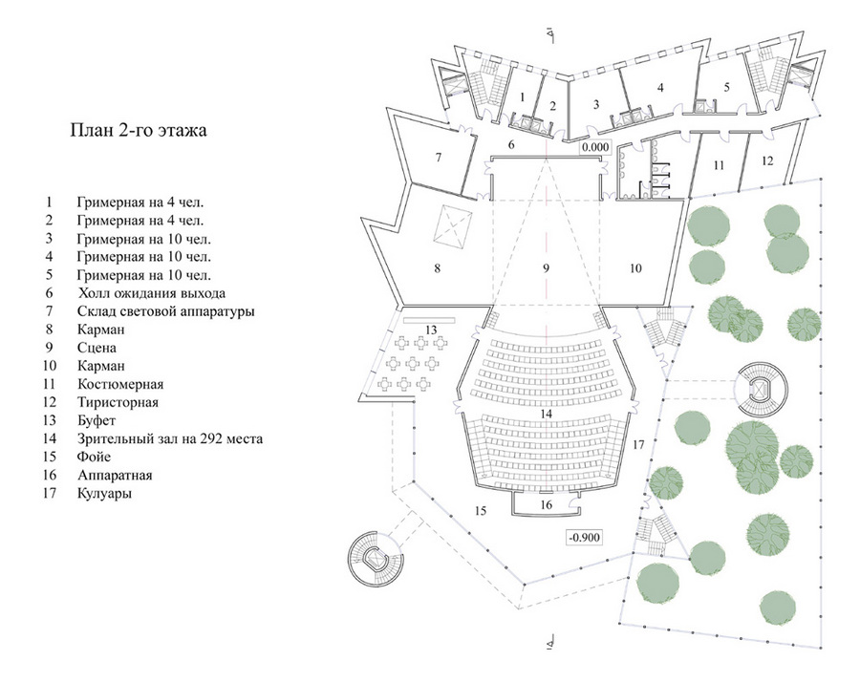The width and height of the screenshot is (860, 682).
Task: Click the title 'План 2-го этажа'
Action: click(139, 131)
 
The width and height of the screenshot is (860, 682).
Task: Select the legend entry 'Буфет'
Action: click(97, 420)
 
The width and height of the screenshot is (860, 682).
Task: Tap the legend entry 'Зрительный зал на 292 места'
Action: click(170, 438)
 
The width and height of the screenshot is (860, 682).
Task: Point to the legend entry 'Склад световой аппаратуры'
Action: click(165, 311)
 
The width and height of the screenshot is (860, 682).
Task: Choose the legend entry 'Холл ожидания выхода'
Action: click(151, 293)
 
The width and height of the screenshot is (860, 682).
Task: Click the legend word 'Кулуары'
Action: click(104, 493)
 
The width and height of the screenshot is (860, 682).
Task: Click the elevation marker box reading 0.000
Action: click(595, 147)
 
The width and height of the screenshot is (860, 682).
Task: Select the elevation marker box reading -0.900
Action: click(584, 537)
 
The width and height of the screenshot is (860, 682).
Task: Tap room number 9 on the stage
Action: click(546, 268)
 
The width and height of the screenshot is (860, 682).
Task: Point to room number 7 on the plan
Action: click(439, 158)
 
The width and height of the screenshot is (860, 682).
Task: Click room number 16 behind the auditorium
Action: click(546, 505)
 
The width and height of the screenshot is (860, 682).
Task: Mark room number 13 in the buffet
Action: click(431, 330)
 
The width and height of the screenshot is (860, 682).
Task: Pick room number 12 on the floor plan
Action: click(767, 160)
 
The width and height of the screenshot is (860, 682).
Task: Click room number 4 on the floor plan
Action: click(661, 87)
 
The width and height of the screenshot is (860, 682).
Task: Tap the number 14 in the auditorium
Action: click(546, 414)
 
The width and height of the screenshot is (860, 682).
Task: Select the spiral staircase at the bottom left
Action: click(376, 559)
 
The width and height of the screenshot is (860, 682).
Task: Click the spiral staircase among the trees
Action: click(761, 390)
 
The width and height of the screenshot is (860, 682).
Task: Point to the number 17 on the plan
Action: click(638, 444)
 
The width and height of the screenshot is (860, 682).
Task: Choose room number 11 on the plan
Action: click(719, 165)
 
